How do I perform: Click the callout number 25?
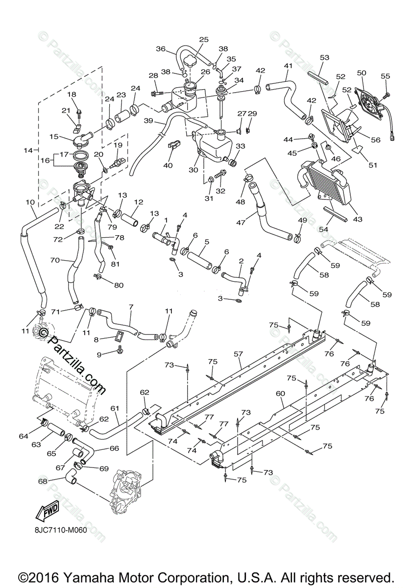pos(204,40)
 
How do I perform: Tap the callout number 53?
pos(324,58)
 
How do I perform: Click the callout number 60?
pos(280,393)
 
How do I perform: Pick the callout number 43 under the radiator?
pos(357,219)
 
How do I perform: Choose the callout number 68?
pos(43,481)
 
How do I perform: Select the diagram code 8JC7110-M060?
pos(58,531)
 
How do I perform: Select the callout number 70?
pos(55,261)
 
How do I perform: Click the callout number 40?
pos(168,166)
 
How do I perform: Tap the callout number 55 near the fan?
pos(386,76)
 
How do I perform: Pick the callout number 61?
pos(115,408)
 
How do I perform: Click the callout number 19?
pos(118,146)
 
